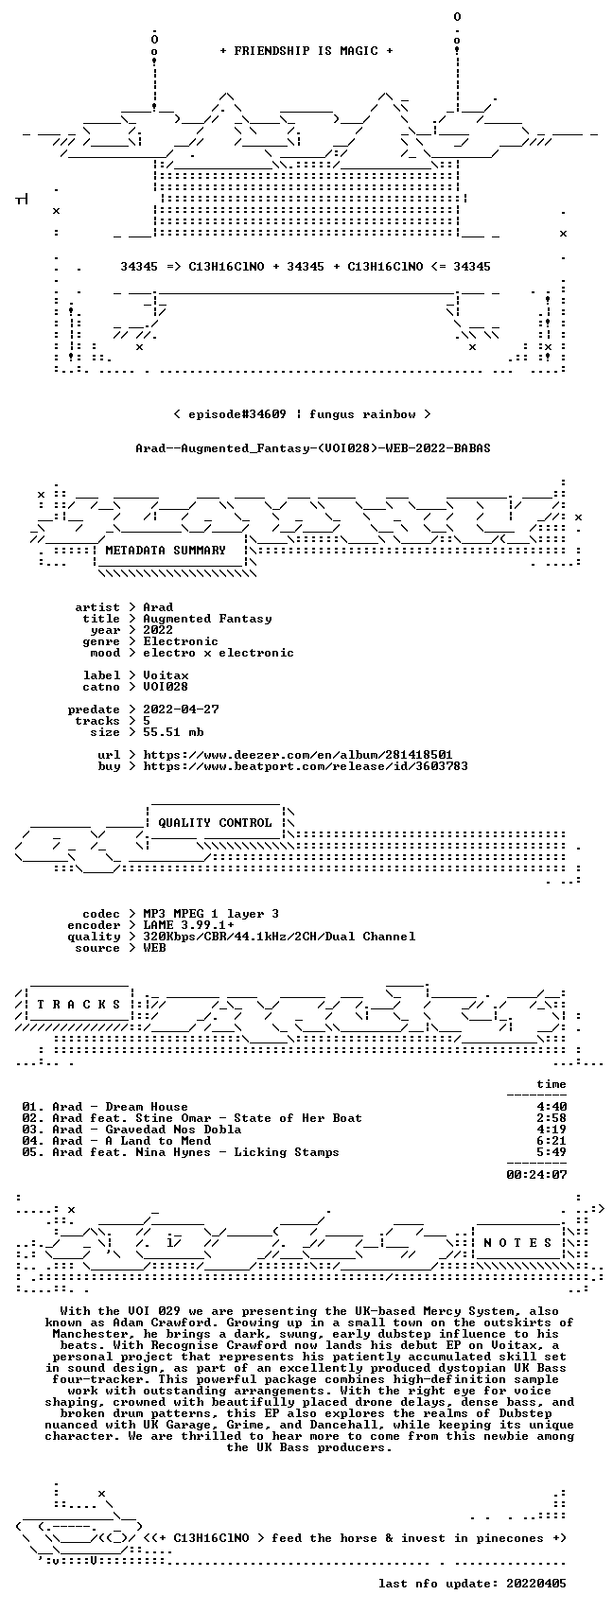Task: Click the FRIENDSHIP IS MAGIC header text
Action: (306, 51)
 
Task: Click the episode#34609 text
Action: (236, 414)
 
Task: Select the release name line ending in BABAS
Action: (313, 448)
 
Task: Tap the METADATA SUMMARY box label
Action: (166, 551)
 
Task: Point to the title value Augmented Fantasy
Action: (207, 619)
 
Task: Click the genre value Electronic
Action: (180, 641)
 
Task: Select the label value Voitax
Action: (166, 675)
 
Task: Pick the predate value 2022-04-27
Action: (181, 710)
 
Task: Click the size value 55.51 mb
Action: (173, 732)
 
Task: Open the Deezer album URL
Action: (298, 755)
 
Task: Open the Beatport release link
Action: (305, 766)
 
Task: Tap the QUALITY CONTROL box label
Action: (215, 823)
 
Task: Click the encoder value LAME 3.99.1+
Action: (188, 925)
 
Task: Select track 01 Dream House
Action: (105, 1107)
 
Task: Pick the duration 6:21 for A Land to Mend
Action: (552, 1141)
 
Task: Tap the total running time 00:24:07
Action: (536, 1175)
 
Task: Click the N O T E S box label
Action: (517, 1243)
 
